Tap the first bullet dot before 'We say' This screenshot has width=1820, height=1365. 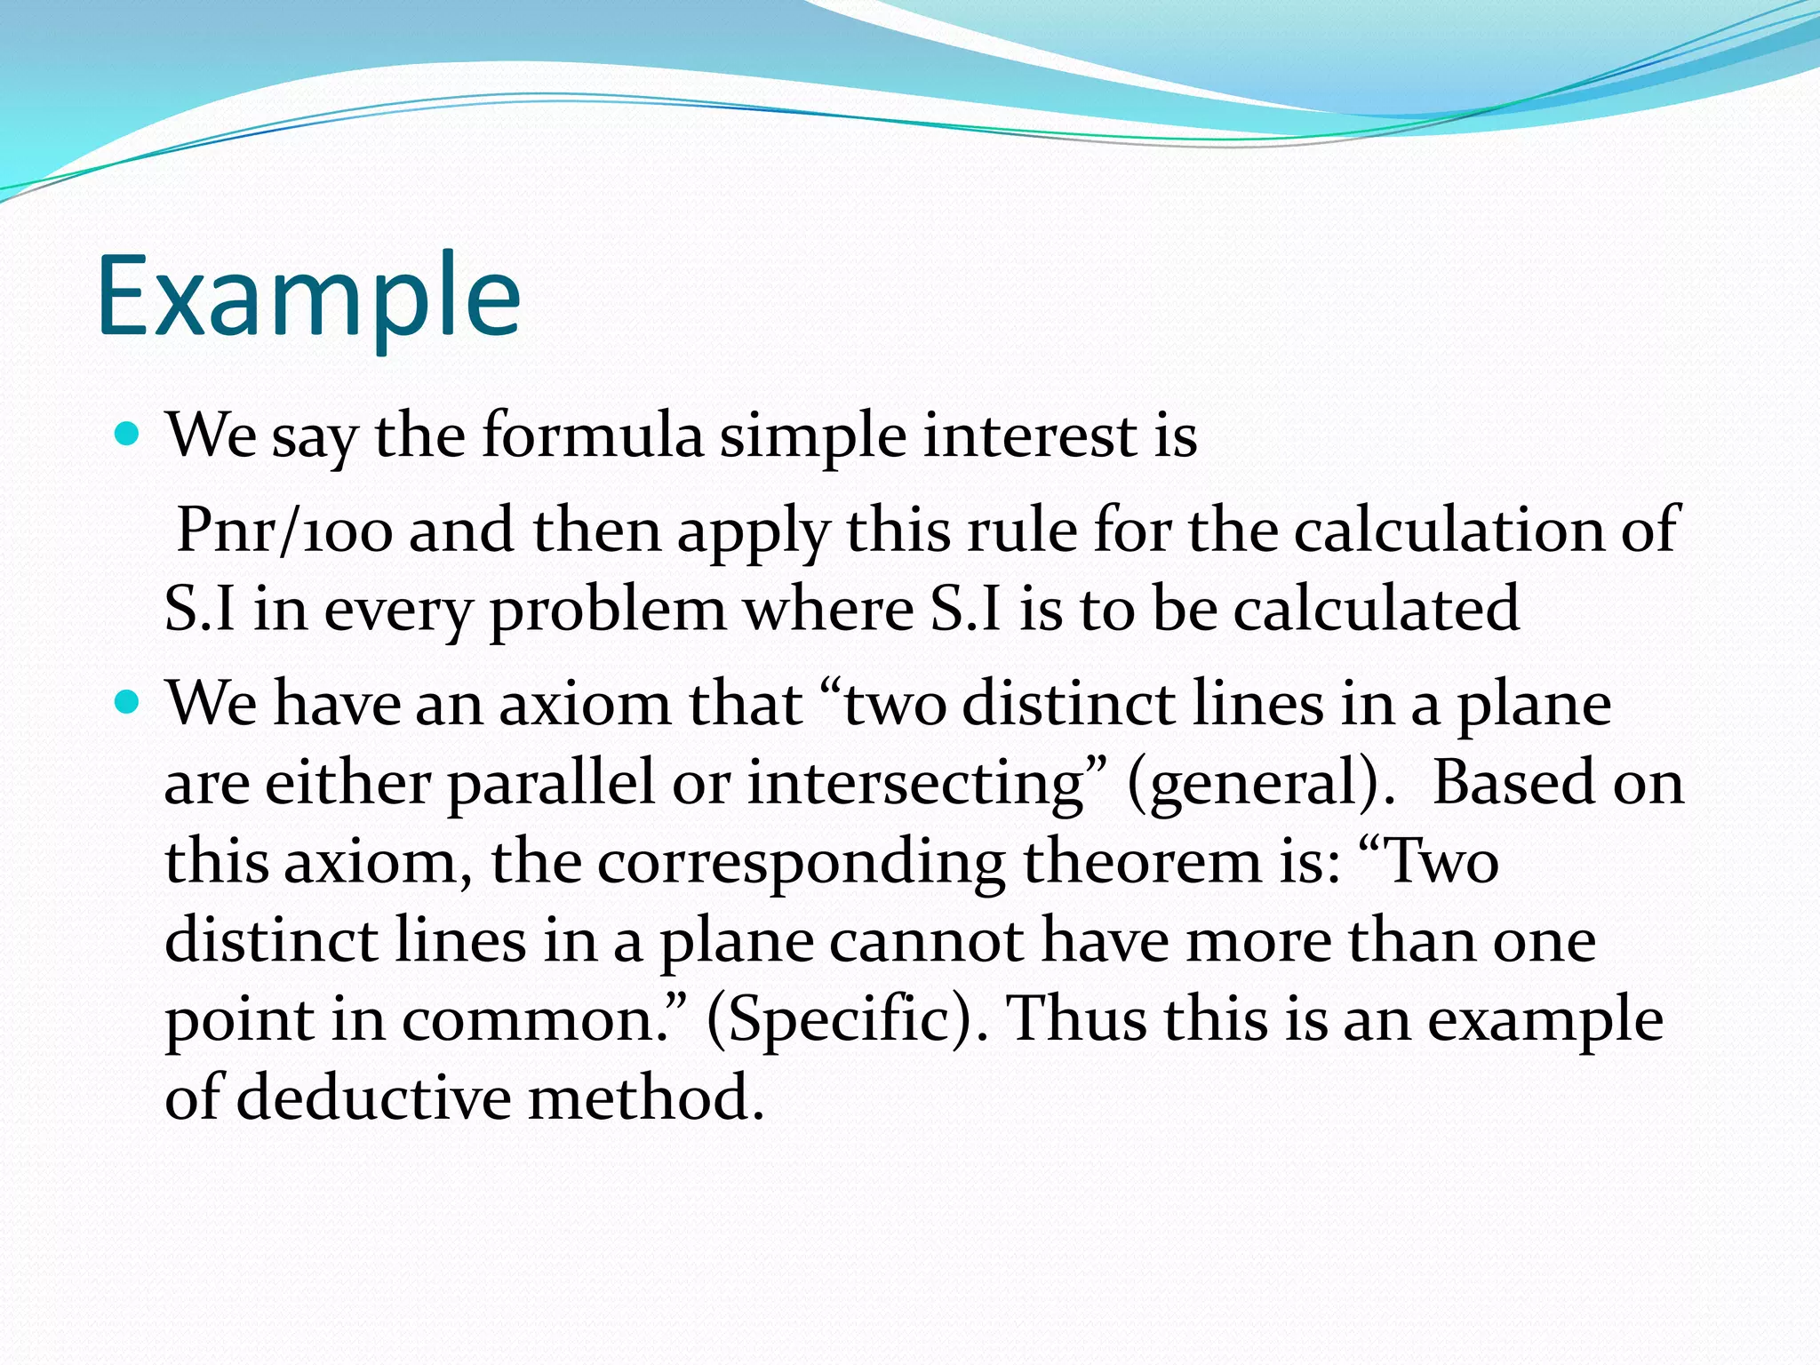click(x=128, y=435)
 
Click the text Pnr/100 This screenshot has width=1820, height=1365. click(x=284, y=531)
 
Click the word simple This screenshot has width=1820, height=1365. click(x=813, y=438)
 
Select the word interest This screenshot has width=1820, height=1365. click(x=1030, y=436)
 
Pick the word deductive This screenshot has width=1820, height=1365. click(x=373, y=1098)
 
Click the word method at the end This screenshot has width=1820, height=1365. click(x=645, y=1098)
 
